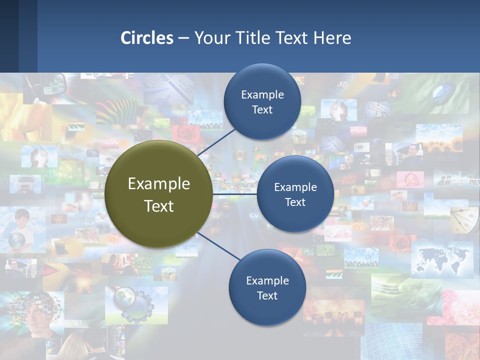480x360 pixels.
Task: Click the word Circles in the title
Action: point(147,38)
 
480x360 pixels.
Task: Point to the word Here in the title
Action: point(332,38)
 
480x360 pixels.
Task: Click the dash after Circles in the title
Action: point(183,38)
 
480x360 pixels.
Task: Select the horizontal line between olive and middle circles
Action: point(235,194)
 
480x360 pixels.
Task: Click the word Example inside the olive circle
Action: point(159,184)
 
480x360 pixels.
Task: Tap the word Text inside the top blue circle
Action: point(262,110)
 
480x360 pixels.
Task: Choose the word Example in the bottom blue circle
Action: point(267,280)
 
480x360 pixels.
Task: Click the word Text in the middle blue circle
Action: point(295,202)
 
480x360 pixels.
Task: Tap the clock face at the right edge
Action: point(465,220)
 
